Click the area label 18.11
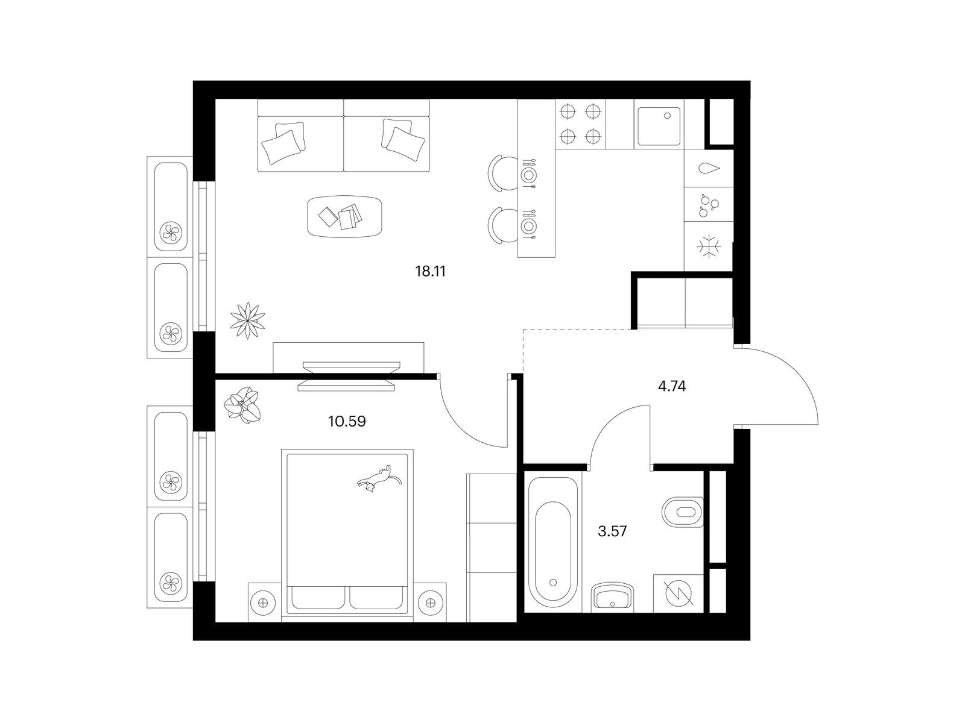431,271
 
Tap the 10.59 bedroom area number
347,421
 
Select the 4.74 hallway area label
672,386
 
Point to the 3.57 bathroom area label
612,531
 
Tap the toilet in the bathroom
682,512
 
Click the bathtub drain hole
553,583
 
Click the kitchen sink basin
659,122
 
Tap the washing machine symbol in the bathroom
679,593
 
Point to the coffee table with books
344,216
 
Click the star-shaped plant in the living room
247,321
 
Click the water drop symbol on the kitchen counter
709,169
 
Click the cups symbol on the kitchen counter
709,205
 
